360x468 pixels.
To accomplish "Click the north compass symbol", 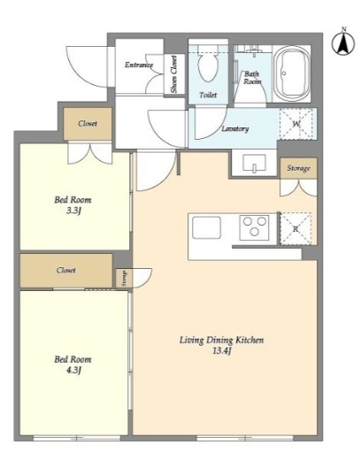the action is click(343, 42).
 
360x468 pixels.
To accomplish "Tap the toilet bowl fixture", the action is click(208, 65).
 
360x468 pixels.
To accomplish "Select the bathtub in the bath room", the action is click(293, 74).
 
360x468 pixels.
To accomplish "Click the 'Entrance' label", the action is click(139, 65).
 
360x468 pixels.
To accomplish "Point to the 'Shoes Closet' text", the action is click(173, 74).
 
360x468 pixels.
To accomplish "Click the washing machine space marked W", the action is click(295, 124).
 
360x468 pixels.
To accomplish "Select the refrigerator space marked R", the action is click(295, 229).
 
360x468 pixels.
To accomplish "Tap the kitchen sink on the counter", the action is click(207, 227).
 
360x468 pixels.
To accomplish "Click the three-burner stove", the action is click(254, 227).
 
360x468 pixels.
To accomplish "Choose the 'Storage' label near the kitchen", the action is click(298, 168).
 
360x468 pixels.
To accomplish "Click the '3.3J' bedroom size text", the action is click(73, 211).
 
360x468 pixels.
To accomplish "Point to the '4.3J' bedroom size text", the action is click(73, 370).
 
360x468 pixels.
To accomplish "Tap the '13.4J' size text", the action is click(222, 350).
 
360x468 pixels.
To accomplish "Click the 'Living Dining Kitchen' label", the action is click(221, 340).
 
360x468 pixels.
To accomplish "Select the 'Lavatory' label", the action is click(235, 128).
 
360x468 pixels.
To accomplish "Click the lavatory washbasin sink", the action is click(255, 164).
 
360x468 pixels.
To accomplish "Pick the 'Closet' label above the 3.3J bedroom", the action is click(88, 123).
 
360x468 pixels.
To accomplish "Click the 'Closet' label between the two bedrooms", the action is click(66, 270).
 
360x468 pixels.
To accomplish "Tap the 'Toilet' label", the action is click(208, 95).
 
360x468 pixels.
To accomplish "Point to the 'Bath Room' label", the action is click(252, 78).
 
